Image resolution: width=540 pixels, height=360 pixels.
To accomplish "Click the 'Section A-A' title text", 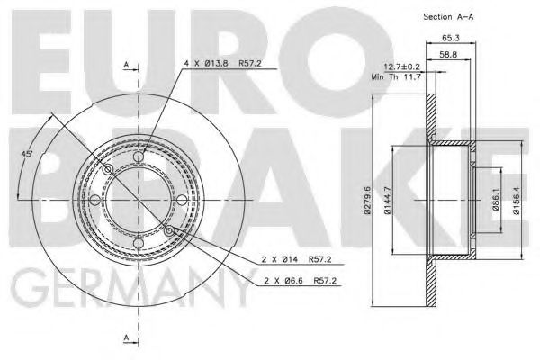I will point(447,17).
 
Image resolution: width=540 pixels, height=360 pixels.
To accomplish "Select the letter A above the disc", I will point(126,63).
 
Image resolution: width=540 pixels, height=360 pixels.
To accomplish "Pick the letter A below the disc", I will point(126,337).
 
